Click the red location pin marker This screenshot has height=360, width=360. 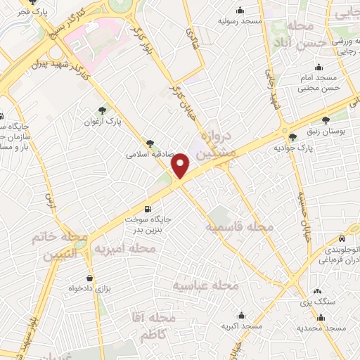pyautogui.click(x=181, y=165)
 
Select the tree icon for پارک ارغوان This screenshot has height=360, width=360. pyautogui.click(x=103, y=110)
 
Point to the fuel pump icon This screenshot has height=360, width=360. pyautogui.click(x=147, y=209)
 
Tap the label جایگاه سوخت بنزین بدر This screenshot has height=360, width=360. pyautogui.click(x=148, y=224)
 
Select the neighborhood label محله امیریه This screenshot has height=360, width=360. pyautogui.click(x=124, y=249)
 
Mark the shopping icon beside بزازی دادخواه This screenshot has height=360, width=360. pyautogui.click(x=89, y=277)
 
